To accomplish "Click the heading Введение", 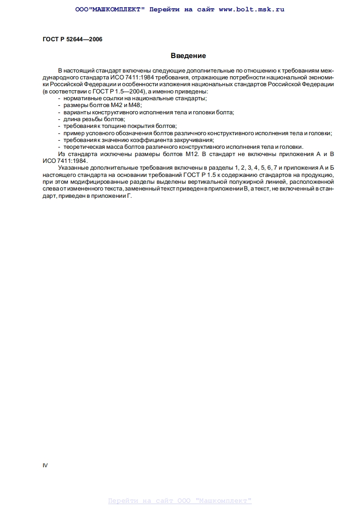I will (188, 56).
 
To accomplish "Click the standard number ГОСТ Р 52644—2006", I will (72, 39).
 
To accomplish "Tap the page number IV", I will (45, 465).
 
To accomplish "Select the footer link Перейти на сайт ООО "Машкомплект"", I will (180, 501).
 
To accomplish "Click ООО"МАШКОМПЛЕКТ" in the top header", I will (109, 9).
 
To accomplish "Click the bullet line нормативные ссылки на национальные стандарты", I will (135, 98).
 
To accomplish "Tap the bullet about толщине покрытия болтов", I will (120, 126).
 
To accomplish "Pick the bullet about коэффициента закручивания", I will (138, 140).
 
